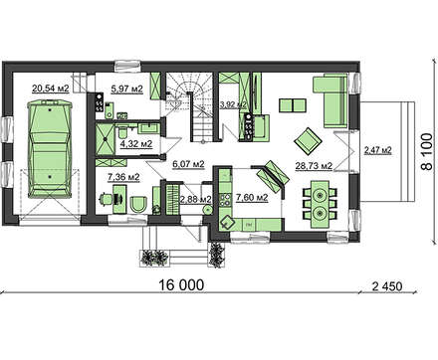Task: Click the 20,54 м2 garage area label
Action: tap(50, 89)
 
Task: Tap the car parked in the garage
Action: tap(50, 150)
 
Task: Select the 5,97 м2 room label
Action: tap(127, 89)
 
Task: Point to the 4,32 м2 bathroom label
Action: tap(136, 144)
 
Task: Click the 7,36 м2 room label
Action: tap(123, 177)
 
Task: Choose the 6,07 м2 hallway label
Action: tap(188, 164)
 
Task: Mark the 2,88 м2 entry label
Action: tap(195, 200)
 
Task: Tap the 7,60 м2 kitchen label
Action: tap(252, 198)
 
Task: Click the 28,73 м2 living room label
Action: tap(314, 166)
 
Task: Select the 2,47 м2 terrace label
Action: tap(378, 150)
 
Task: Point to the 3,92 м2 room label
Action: tap(233, 105)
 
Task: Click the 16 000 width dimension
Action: tap(181, 284)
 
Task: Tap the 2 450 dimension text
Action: tap(387, 286)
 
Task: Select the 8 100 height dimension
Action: tap(427, 152)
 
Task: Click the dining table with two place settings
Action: tap(320, 205)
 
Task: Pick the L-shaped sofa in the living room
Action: tap(330, 100)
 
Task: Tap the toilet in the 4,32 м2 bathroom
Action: tap(121, 132)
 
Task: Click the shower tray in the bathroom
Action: tap(106, 139)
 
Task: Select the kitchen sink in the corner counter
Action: tap(227, 222)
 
